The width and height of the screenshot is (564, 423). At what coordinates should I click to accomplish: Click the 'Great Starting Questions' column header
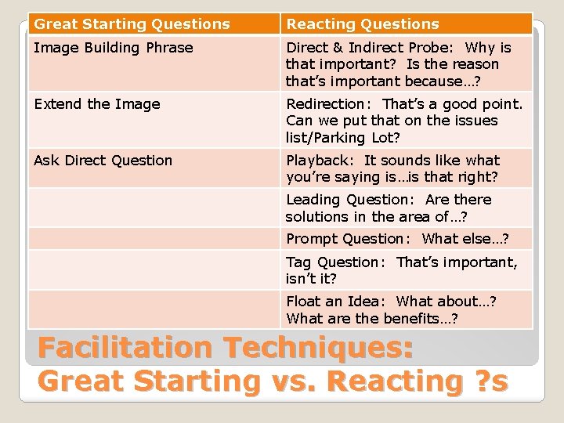[132, 24]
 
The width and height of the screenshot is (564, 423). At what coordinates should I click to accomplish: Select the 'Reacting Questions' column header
[363, 24]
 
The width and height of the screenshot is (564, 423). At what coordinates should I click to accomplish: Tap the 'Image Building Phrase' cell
[114, 48]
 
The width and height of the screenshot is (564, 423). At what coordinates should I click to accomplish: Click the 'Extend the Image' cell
[97, 104]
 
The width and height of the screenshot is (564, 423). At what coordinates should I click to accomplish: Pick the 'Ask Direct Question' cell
[103, 161]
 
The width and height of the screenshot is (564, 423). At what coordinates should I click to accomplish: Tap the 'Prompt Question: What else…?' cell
[397, 239]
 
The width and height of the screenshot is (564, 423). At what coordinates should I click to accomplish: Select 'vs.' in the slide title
[295, 381]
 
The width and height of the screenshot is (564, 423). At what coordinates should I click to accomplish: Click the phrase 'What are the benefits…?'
[372, 318]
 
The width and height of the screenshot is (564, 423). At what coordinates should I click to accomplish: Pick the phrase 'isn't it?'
[311, 279]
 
